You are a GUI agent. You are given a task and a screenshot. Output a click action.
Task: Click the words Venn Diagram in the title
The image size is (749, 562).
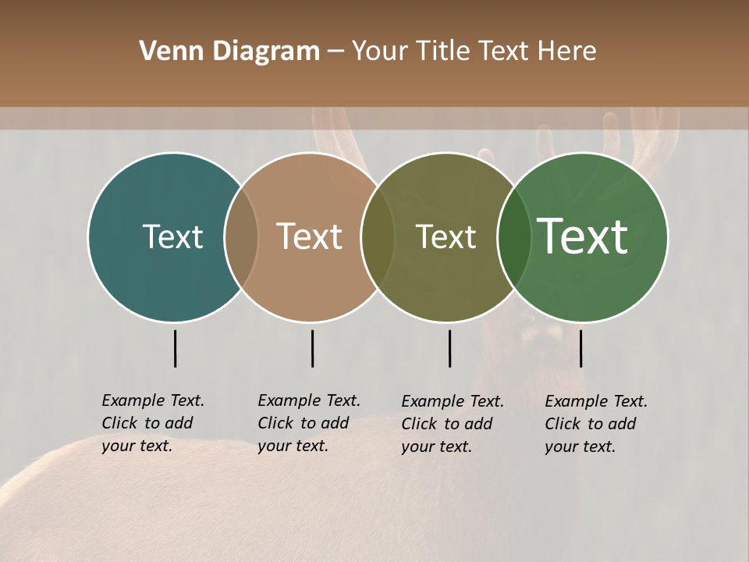click(229, 52)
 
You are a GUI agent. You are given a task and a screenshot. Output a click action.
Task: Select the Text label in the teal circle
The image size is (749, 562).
click(172, 237)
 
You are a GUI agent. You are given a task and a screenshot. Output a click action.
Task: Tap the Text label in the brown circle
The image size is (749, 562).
click(310, 237)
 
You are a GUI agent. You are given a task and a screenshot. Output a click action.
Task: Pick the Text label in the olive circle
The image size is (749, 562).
click(445, 237)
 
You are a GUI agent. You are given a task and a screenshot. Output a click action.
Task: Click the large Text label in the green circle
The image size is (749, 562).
click(583, 237)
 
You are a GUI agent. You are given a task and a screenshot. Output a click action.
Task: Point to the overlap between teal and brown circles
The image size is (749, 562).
click(241, 237)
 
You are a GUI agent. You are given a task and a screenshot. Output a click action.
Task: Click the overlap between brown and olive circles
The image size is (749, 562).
click(377, 237)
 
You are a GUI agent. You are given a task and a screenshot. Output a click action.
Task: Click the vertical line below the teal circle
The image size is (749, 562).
click(175, 348)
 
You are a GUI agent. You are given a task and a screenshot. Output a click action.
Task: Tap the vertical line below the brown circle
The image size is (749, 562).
click(312, 348)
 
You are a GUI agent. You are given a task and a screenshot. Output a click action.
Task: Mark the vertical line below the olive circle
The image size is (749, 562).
click(449, 348)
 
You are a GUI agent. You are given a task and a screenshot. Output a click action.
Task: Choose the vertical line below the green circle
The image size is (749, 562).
click(580, 348)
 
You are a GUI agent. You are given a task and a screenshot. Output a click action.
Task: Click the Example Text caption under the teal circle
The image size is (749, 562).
click(153, 423)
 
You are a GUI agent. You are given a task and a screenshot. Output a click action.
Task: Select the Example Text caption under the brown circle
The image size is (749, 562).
click(309, 423)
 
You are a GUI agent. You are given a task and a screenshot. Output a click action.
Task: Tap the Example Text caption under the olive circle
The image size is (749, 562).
click(453, 424)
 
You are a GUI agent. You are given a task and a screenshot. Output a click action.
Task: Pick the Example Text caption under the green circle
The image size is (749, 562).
click(596, 424)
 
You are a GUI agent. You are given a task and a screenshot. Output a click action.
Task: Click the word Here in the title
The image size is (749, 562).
click(566, 52)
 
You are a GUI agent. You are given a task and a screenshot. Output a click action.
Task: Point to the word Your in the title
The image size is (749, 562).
click(379, 52)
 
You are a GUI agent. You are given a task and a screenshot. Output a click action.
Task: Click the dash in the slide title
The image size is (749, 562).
click(335, 52)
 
